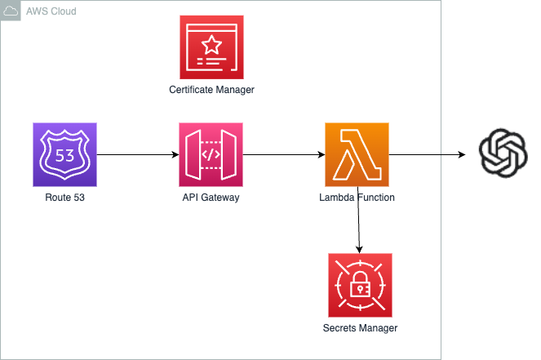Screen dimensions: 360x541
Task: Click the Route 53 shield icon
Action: click(x=64, y=154)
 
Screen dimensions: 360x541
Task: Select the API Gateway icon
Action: click(x=211, y=154)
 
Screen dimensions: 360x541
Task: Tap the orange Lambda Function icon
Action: click(x=357, y=154)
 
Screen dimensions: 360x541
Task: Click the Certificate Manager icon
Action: click(x=211, y=47)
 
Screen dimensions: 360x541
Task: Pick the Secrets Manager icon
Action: click(x=360, y=285)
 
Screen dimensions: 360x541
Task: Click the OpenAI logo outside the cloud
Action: click(x=503, y=153)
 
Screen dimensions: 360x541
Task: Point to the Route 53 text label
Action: click(x=64, y=198)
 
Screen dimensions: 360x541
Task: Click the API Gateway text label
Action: click(x=211, y=198)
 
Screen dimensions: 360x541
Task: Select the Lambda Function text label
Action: click(x=357, y=198)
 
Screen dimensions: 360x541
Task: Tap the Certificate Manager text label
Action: click(x=211, y=90)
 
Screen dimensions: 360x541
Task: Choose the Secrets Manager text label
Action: click(x=360, y=328)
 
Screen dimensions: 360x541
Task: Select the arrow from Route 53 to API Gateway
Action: click(x=137, y=154)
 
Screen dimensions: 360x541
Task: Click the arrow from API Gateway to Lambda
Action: click(x=283, y=154)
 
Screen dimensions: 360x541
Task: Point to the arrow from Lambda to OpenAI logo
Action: click(x=428, y=154)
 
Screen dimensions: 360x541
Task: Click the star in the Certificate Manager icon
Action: click(x=211, y=42)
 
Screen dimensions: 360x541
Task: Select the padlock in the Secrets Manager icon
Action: click(x=360, y=286)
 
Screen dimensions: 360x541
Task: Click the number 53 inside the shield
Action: click(x=64, y=154)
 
